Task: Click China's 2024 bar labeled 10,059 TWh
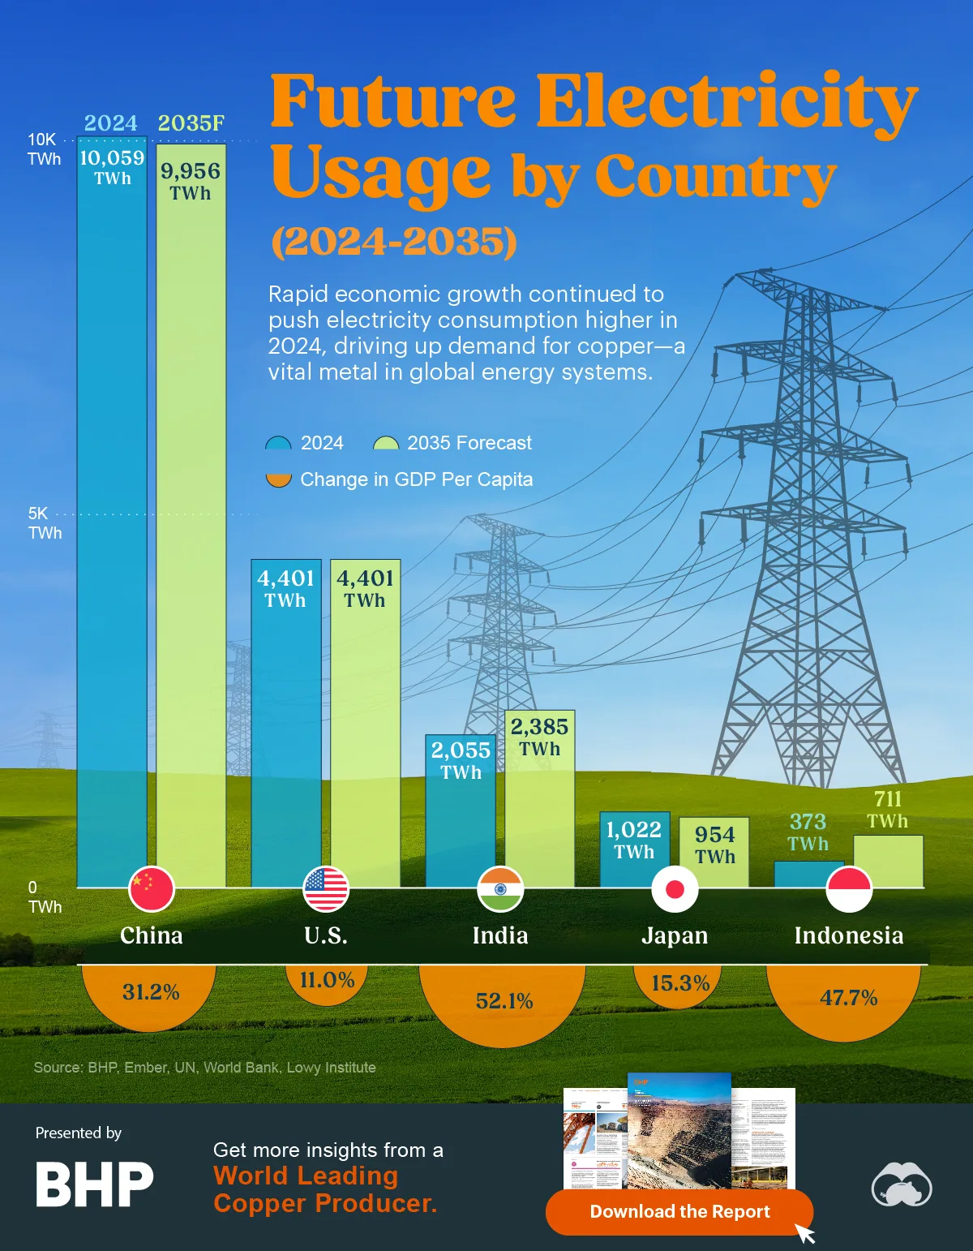[112, 511]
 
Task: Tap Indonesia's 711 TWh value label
[888, 810]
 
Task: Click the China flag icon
[152, 888]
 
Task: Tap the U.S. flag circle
[326, 888]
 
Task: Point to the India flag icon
[500, 888]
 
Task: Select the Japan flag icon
[675, 888]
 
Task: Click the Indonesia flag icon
[849, 888]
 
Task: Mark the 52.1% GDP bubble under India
[503, 1002]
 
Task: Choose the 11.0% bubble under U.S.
[327, 981]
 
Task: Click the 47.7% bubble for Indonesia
[847, 999]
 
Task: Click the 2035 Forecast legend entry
[453, 443]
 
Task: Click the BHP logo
[94, 1184]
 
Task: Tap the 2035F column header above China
[191, 123]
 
